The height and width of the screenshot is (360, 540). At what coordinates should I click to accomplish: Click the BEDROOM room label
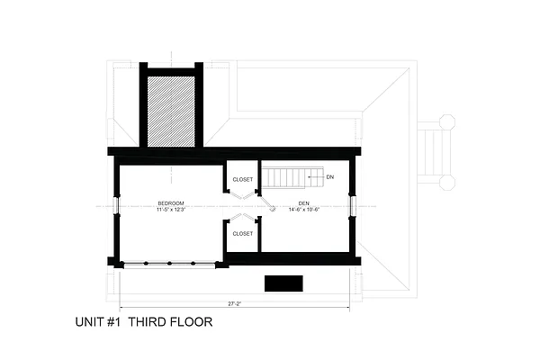[171, 203]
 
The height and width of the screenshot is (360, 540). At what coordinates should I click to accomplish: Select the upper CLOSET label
[243, 179]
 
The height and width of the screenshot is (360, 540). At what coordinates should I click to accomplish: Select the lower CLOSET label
[243, 233]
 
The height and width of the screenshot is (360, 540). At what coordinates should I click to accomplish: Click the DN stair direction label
[330, 176]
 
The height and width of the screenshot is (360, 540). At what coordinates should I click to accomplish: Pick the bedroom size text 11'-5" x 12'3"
[171, 211]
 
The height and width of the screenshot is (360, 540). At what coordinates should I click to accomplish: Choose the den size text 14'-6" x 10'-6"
[305, 211]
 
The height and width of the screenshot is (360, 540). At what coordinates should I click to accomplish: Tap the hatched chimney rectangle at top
[171, 111]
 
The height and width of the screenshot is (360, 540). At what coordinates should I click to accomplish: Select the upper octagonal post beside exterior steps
[447, 122]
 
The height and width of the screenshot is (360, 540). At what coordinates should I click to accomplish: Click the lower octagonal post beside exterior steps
[447, 182]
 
